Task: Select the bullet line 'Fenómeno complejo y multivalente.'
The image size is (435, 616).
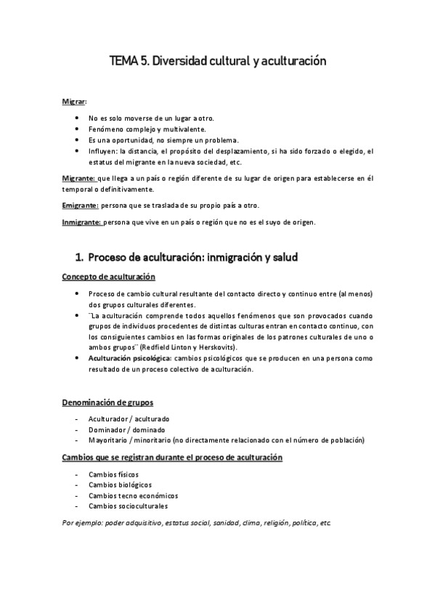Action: click(x=140, y=129)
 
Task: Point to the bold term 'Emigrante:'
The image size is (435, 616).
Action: click(x=80, y=206)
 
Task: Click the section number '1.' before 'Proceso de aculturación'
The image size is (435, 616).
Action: click(x=80, y=257)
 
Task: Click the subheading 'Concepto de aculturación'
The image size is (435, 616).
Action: click(x=107, y=276)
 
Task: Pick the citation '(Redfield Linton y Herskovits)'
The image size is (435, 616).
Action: click(x=171, y=347)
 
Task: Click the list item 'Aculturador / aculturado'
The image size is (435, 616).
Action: click(x=129, y=419)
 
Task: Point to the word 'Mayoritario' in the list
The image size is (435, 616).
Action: click(x=107, y=440)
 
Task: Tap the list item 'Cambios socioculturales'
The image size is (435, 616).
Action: click(x=127, y=506)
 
